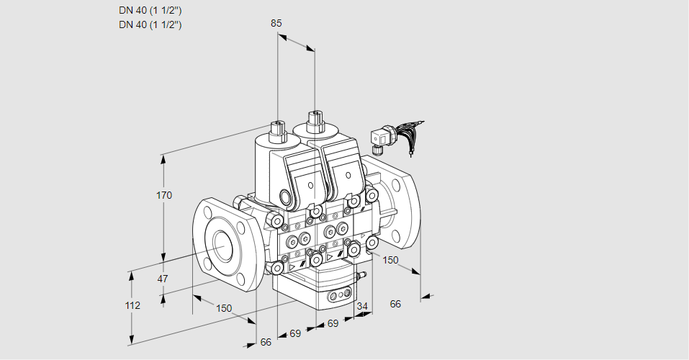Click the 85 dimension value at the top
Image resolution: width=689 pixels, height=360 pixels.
click(x=276, y=23)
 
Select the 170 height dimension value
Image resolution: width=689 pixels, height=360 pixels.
click(x=164, y=195)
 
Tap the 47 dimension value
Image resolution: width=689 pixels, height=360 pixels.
click(x=163, y=279)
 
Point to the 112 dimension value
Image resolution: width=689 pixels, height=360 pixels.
click(x=132, y=305)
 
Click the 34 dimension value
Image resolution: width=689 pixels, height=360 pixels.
click(x=361, y=306)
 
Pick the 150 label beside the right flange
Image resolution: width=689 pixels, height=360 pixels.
click(x=390, y=260)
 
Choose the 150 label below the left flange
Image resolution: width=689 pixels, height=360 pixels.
click(x=225, y=308)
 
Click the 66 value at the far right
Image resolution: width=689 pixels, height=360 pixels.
click(x=395, y=304)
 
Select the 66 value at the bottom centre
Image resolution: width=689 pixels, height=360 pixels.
click(x=266, y=342)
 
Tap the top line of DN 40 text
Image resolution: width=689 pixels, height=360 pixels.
click(x=150, y=10)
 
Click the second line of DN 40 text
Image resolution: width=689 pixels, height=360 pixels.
click(x=150, y=24)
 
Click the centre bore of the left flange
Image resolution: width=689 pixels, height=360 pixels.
click(x=221, y=247)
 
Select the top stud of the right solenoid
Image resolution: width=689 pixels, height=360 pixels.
click(x=315, y=118)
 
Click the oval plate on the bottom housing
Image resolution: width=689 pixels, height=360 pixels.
click(x=338, y=296)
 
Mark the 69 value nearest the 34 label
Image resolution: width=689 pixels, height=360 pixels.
click(x=333, y=324)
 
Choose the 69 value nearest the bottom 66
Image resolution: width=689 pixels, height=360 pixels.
click(x=294, y=333)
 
